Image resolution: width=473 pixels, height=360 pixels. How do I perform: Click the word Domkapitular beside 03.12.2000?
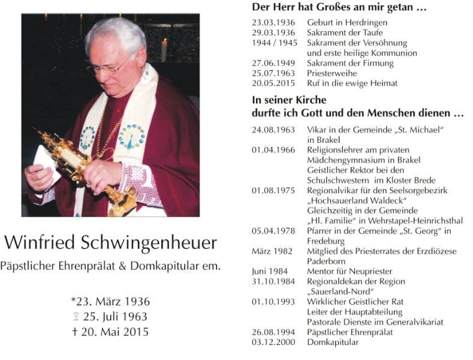tap(333, 342)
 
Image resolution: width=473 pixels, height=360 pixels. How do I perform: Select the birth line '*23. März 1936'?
tap(110, 301)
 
